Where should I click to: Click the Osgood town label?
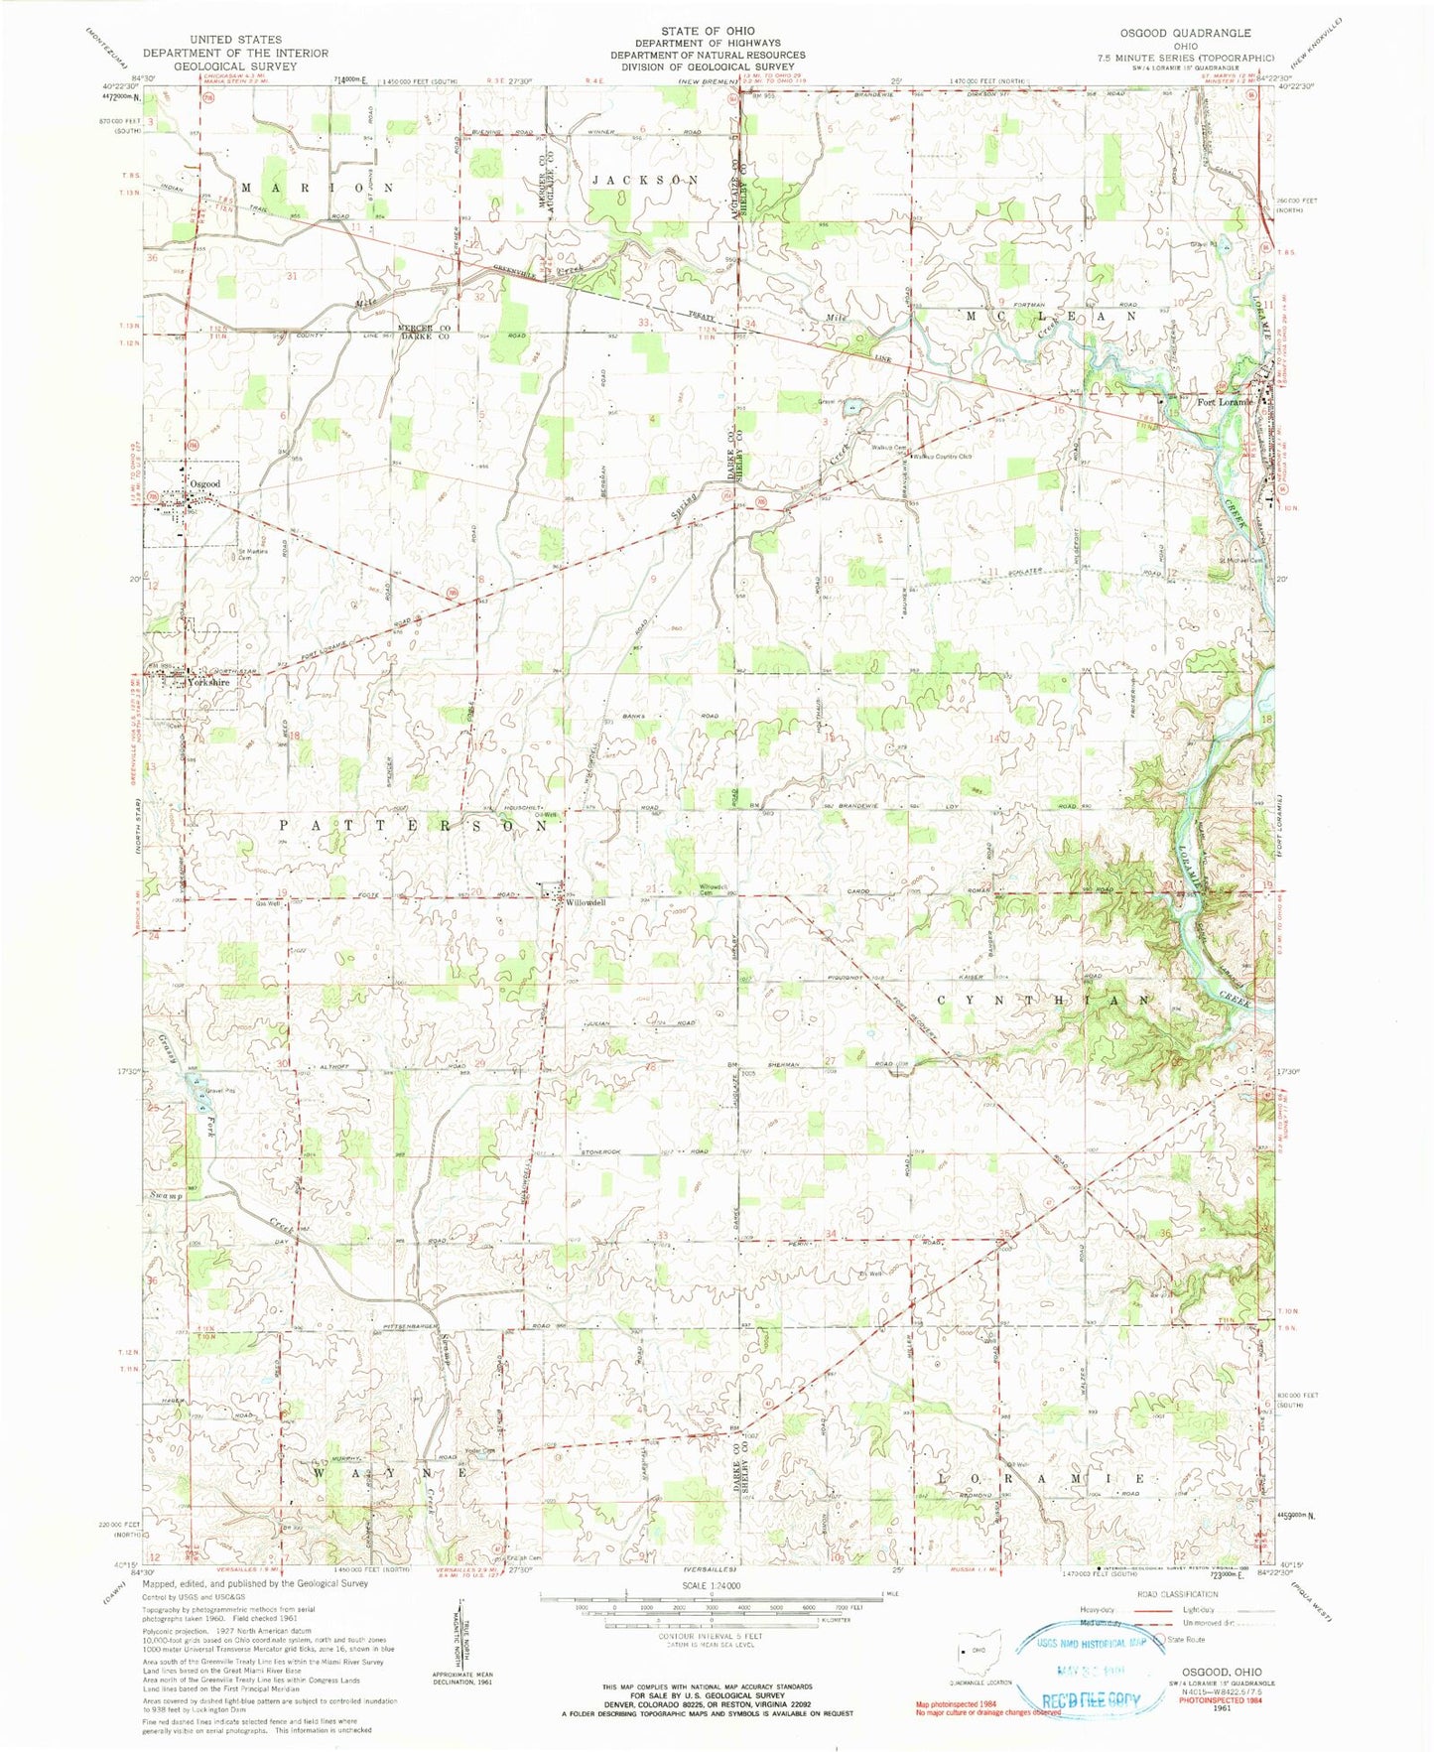tap(198, 483)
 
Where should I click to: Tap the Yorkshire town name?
tap(208, 683)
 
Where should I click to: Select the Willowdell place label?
tap(580, 902)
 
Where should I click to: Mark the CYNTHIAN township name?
tap(1045, 1000)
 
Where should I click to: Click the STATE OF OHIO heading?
tap(708, 31)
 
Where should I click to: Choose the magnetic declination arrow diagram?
tap(459, 1648)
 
